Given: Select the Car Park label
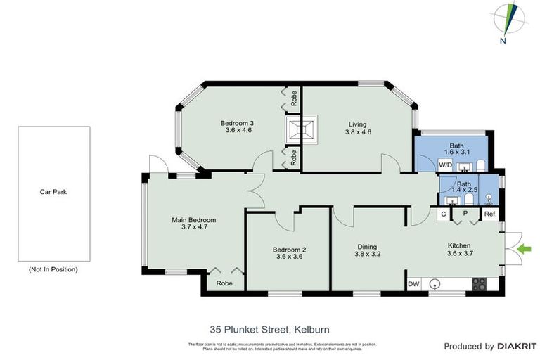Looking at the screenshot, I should [x=53, y=191].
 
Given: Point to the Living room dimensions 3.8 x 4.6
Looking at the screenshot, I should [x=357, y=132].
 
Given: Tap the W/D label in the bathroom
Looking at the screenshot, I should [x=445, y=165].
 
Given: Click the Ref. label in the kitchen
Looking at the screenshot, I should [x=490, y=214].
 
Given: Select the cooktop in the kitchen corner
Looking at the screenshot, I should [x=479, y=284].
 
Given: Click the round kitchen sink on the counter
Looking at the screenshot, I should [x=435, y=284].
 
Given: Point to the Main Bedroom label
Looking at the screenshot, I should [x=193, y=220].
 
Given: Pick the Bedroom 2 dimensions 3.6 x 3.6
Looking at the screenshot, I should [x=289, y=257].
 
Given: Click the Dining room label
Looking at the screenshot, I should [x=367, y=247].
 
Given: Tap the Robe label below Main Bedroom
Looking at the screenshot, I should [x=224, y=283].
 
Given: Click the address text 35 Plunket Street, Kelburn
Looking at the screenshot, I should [x=269, y=328].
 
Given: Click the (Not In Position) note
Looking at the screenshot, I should [x=53, y=269].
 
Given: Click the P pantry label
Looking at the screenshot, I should [x=465, y=214].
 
